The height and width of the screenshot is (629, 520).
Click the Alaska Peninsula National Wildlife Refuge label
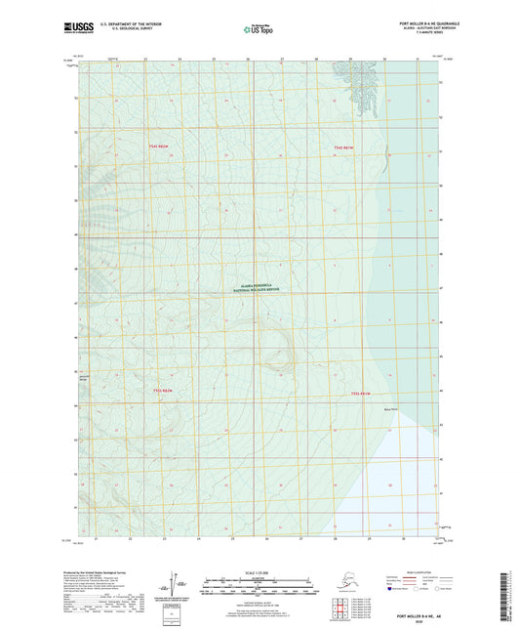pos(259,288)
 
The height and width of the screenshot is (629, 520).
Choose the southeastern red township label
pos(362,394)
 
